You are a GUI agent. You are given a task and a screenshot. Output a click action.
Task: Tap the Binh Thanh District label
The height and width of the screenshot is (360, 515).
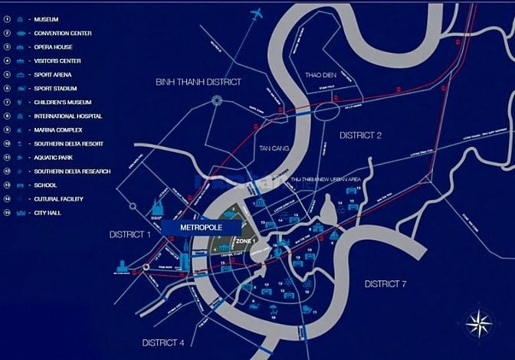click(x=198, y=81)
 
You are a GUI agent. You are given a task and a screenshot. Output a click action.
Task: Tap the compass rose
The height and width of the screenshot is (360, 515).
click(x=478, y=321)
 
